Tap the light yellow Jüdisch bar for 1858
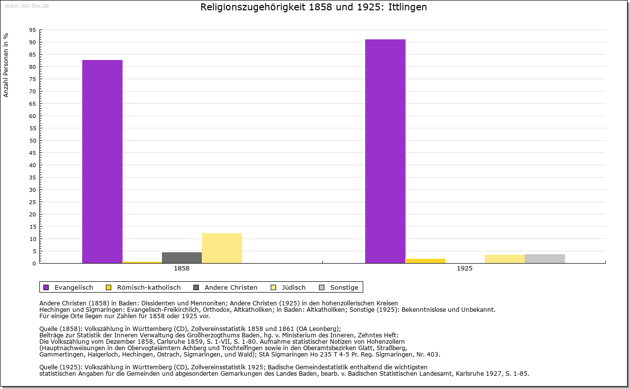coord(221,248)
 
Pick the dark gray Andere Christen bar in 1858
coord(182,258)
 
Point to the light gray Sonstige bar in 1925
coord(544,259)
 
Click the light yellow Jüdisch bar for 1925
coord(504,259)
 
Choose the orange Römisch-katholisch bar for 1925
coord(425,261)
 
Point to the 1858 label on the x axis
coord(182,269)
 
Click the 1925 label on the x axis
coord(465,269)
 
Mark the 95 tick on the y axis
coord(32,30)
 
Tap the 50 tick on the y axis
coord(32,141)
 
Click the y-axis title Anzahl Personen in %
coord(6,65)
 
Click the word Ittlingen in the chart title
coord(407,7)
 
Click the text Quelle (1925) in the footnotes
coord(61,367)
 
